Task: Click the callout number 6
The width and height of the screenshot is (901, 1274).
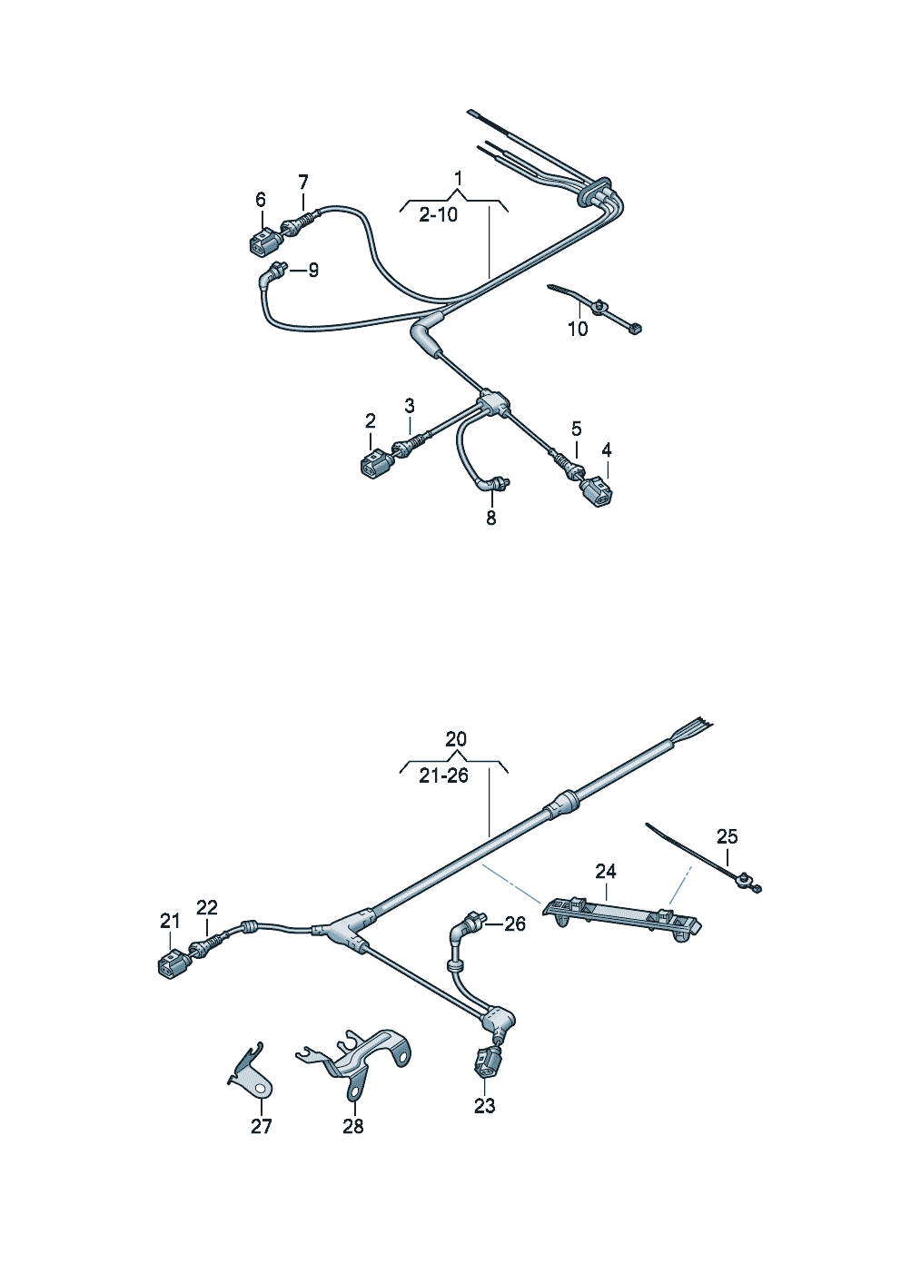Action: pyautogui.click(x=261, y=199)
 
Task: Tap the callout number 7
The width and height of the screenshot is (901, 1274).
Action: pyautogui.click(x=303, y=182)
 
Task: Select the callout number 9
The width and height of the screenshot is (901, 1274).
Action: pyautogui.click(x=313, y=270)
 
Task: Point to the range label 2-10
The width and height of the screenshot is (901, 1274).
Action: pyautogui.click(x=439, y=215)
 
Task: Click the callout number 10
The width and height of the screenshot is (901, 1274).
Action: pyautogui.click(x=578, y=329)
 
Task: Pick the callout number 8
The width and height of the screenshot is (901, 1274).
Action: pyautogui.click(x=491, y=518)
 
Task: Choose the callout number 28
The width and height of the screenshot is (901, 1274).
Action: pyautogui.click(x=352, y=1126)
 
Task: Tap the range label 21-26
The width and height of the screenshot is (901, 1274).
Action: pyautogui.click(x=443, y=775)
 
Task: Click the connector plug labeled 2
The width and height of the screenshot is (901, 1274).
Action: pyautogui.click(x=373, y=465)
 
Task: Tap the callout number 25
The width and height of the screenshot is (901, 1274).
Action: pyautogui.click(x=727, y=836)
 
